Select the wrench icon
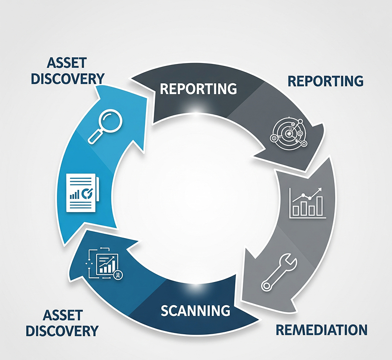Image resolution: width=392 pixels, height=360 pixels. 279,273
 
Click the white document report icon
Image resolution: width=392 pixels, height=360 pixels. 83,193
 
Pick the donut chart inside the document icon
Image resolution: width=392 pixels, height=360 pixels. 87,193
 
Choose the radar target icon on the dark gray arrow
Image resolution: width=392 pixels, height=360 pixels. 289,133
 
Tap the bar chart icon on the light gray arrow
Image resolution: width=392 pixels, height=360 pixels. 307,203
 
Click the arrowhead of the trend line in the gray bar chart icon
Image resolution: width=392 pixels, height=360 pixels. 320,189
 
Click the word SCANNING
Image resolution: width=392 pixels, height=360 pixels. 196,310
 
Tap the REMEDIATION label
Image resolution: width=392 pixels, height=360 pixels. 322,330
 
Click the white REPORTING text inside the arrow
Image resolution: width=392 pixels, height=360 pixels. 198,88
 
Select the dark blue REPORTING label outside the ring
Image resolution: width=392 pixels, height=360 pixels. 326,81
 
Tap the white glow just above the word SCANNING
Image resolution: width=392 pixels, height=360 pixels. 196,287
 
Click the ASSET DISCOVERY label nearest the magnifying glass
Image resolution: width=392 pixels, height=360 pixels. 67,71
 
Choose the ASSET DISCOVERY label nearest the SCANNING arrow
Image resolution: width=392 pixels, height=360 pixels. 62,323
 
